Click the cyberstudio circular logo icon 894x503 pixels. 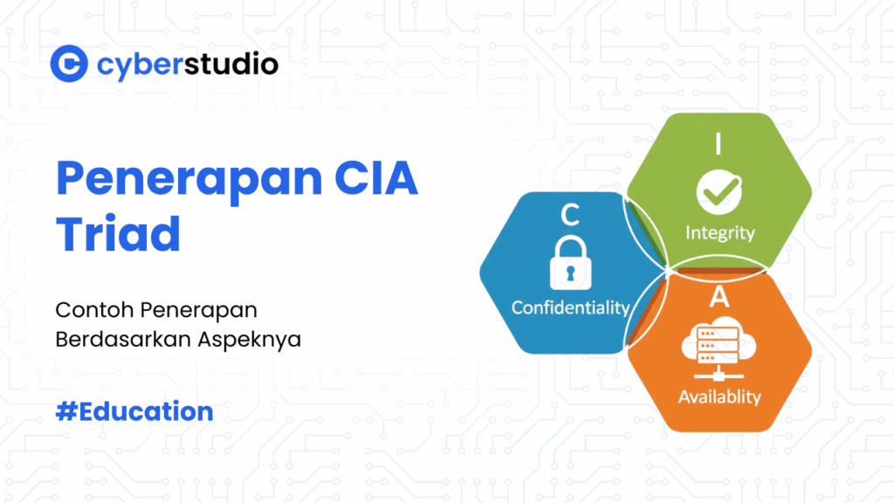coord(69,64)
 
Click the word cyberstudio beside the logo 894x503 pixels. coord(187,64)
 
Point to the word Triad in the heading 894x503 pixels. coord(118,233)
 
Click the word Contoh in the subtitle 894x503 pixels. coord(85,310)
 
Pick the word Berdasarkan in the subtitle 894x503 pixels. coord(117,340)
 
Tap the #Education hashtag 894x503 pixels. coord(134,411)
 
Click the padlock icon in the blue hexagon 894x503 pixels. coord(570,264)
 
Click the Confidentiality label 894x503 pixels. coord(570,307)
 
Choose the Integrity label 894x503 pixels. coord(719,233)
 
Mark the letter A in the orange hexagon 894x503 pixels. coord(719,298)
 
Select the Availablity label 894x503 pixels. coord(719,396)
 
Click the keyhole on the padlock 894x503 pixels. coord(570,272)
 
